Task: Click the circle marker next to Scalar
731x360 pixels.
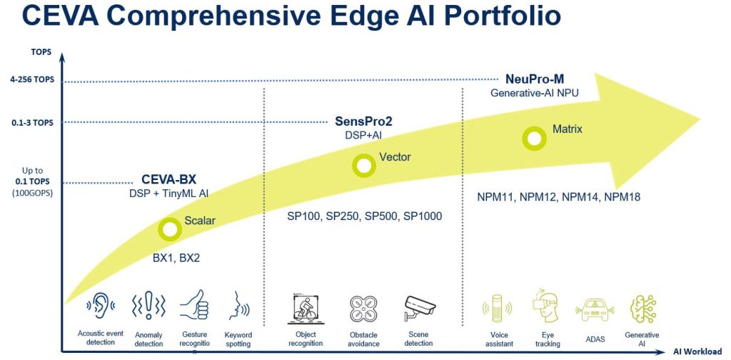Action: coord(170,229)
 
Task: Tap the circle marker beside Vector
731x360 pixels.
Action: coord(364,166)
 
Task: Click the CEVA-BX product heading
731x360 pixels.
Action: coord(168,179)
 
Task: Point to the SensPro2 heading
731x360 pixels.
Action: coord(363,121)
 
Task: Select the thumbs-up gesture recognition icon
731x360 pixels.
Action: coord(194,307)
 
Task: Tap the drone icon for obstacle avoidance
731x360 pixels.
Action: coord(363,309)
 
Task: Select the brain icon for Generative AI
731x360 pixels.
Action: coord(642,309)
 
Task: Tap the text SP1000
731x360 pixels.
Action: coord(423,215)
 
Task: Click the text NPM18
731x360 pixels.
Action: coord(622,196)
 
